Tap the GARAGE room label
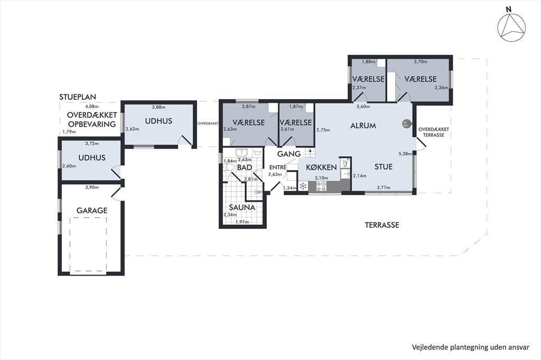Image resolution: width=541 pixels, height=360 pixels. (x=92, y=210)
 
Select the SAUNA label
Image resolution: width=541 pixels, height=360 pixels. (x=242, y=207)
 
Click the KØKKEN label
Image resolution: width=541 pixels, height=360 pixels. (x=321, y=167)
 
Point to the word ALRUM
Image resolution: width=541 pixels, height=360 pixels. (x=363, y=126)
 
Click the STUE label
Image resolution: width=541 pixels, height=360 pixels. (x=384, y=167)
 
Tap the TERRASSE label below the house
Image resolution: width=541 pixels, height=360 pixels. (x=382, y=225)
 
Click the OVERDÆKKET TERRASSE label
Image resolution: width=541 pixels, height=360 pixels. (x=434, y=132)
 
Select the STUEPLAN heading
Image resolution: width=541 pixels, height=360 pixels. (x=78, y=97)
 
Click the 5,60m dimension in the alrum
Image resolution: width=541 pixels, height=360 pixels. (x=363, y=107)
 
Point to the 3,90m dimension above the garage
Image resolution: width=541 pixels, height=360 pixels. (x=92, y=187)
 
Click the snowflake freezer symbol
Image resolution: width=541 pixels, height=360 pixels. (x=303, y=186)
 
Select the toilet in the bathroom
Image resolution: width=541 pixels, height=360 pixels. (x=228, y=168)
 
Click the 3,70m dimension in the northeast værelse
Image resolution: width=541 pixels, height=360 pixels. (x=420, y=62)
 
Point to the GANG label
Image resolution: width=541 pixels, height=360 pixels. (x=289, y=154)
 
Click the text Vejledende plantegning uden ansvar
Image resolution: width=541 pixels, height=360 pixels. (x=470, y=347)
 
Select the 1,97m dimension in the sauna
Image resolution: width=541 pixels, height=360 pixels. (x=242, y=222)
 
